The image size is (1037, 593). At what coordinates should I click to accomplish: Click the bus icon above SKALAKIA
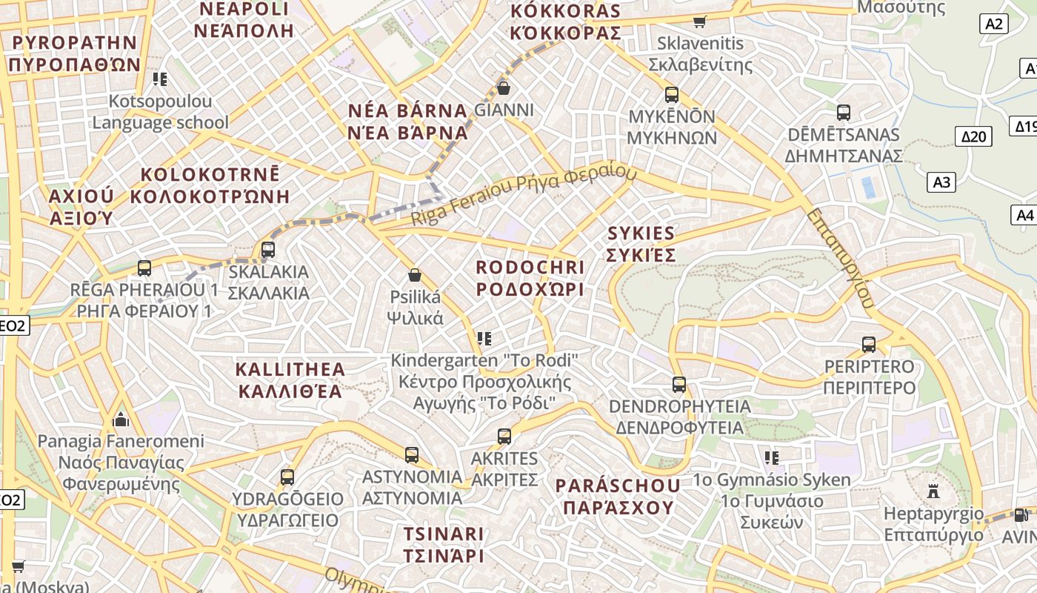(268, 250)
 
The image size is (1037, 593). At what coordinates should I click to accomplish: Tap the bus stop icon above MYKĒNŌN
(672, 95)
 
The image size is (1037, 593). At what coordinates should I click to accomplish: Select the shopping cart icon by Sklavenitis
(699, 21)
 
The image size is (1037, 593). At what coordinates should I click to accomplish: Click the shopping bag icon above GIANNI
(504, 88)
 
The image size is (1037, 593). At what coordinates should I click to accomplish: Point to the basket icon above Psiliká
(415, 275)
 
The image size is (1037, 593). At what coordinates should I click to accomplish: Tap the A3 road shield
(942, 182)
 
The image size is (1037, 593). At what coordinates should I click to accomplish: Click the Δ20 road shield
(974, 136)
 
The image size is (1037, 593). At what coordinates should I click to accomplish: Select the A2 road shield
(994, 24)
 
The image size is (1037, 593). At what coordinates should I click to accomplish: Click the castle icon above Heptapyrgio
(933, 491)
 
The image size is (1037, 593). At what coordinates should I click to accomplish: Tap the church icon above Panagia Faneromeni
(121, 420)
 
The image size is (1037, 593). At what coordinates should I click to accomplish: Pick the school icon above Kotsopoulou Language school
(159, 79)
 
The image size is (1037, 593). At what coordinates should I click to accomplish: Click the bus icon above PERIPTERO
(869, 345)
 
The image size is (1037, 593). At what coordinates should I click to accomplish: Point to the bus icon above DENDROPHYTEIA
(679, 385)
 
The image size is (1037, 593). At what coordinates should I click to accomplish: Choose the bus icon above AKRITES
(504, 437)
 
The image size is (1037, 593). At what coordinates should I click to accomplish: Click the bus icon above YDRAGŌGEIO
(287, 477)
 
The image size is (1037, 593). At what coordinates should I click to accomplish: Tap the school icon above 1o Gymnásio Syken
(772, 458)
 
